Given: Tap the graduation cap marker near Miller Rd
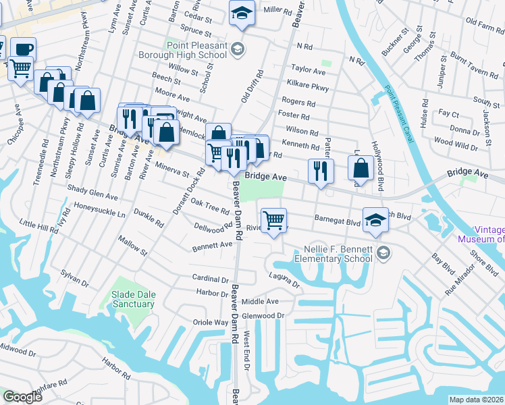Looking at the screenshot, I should tap(240, 13).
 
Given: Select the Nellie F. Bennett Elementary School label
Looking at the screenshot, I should tap(334, 253).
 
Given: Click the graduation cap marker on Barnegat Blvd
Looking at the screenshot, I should tap(376, 220).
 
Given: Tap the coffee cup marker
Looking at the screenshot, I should tap(23, 50).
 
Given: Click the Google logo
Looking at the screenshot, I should tap(22, 397).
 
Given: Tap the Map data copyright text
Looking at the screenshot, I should tap(476, 400).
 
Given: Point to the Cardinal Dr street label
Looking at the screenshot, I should tap(211, 278).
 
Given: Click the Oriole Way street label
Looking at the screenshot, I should tap(211, 323).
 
